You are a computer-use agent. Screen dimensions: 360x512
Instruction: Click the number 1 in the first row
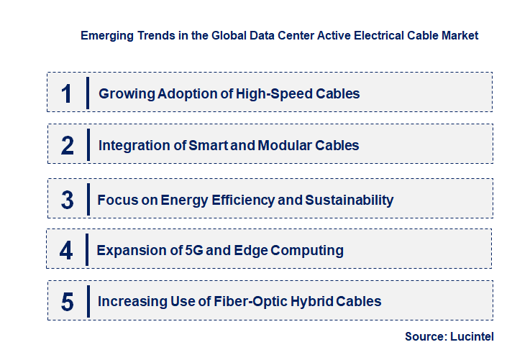pos(67,94)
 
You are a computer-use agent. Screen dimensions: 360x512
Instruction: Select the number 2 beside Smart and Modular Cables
pos(68,146)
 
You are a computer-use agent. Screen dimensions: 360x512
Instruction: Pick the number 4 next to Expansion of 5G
pos(67,251)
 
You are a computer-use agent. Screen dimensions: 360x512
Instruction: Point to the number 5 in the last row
pos(68,302)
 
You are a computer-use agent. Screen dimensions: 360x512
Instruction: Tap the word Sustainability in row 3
pos(349,200)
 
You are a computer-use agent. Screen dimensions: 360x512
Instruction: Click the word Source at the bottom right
pos(426,336)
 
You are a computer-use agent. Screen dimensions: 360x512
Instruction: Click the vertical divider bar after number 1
pos(87,93)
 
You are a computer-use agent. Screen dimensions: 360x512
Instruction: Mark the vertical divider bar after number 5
pos(87,300)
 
